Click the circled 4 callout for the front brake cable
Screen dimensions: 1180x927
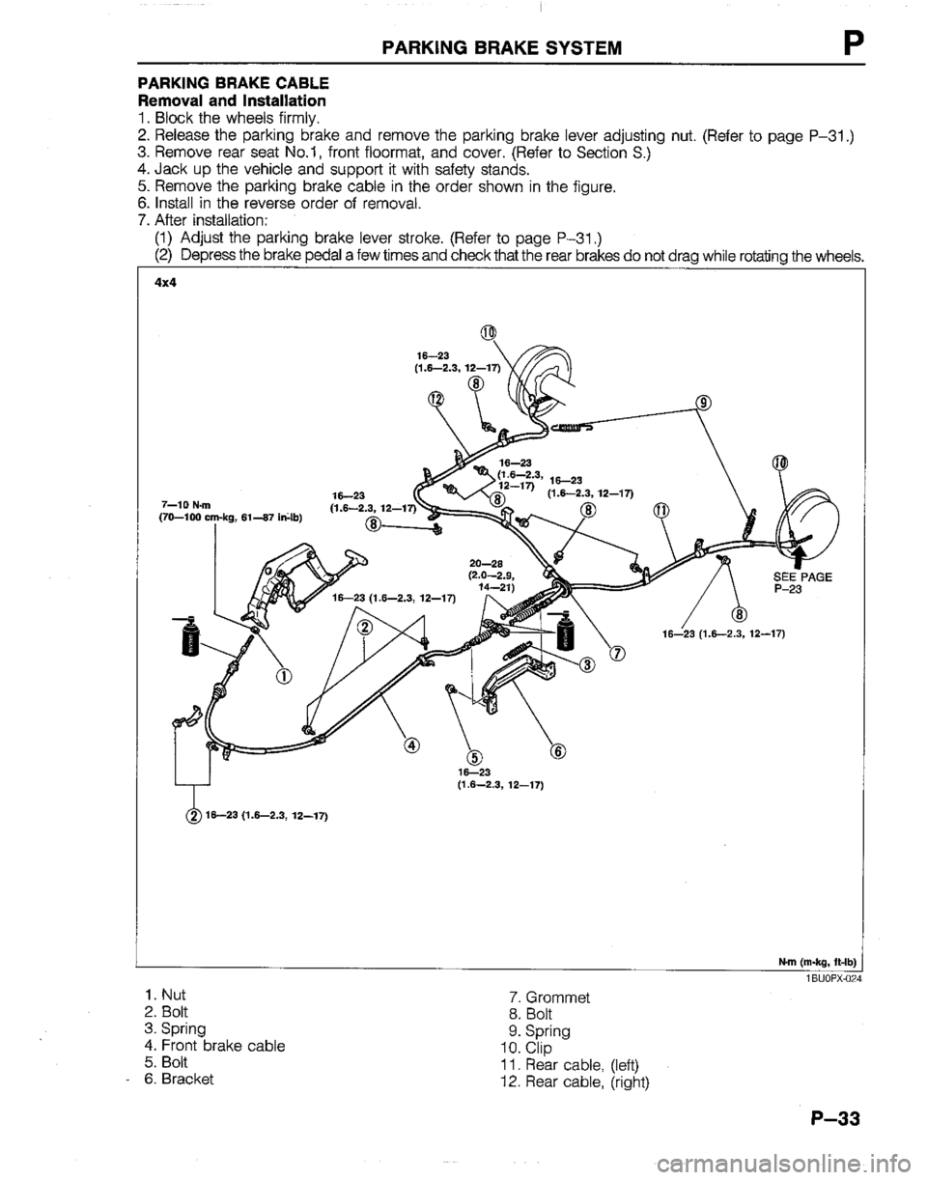click(412, 745)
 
